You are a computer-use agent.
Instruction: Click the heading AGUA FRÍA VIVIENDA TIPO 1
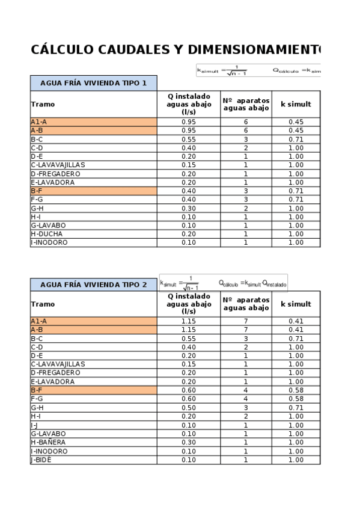point(93,83)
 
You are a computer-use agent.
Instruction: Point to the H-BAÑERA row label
point(49,442)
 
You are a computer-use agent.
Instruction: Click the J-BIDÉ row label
point(41,459)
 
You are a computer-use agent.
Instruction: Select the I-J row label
point(34,425)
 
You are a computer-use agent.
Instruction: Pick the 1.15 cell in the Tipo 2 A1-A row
point(189,321)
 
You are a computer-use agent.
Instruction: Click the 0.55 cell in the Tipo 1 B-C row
point(189,139)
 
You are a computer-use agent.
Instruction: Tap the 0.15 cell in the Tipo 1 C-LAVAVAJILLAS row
point(189,165)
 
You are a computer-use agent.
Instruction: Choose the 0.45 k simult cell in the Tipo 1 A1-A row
point(296,121)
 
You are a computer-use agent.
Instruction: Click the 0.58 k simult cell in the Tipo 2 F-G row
point(296,399)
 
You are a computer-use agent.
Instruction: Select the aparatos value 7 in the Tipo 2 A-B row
point(246,330)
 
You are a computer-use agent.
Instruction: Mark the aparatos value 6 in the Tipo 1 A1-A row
point(246,121)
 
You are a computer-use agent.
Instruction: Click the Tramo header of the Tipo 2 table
point(43,304)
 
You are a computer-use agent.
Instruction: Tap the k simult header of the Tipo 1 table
point(296,104)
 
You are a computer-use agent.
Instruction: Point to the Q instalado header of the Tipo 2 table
point(189,304)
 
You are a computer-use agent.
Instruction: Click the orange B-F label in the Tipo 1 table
point(37,191)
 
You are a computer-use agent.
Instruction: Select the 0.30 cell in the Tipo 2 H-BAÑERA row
point(189,442)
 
